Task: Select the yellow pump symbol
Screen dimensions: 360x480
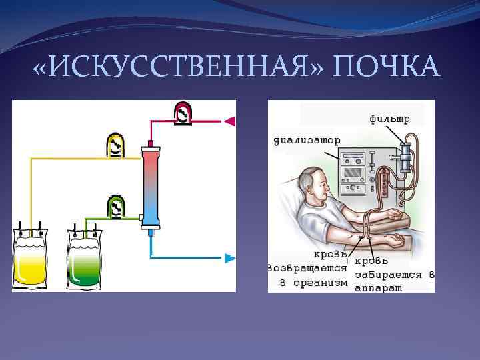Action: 116,145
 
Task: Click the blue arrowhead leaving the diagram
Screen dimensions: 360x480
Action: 230,257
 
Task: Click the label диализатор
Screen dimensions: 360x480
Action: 307,140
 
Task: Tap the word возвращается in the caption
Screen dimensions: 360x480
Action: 307,268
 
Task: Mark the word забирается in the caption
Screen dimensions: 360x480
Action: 390,274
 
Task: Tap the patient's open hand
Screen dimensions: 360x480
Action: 395,239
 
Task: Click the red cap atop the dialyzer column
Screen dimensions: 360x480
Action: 151,143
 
